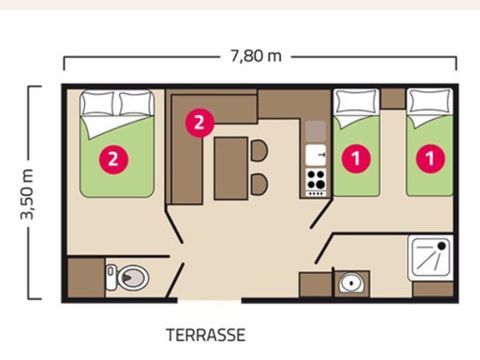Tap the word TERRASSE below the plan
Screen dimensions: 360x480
coord(205,334)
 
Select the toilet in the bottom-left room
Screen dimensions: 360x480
coord(131,275)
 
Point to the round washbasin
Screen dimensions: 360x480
coord(350,283)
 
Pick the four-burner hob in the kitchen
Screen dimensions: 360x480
coord(317,181)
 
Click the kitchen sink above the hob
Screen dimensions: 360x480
coord(317,155)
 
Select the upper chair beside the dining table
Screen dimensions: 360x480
coord(258,151)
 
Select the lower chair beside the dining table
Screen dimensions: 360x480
coord(258,184)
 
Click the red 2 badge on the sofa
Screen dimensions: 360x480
coord(198,122)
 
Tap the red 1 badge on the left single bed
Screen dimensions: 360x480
coord(353,156)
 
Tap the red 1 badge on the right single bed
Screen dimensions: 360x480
coord(431,156)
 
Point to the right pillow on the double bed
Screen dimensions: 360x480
coord(134,103)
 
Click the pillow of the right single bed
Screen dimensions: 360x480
coord(430,103)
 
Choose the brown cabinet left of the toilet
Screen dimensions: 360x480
coord(86,275)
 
